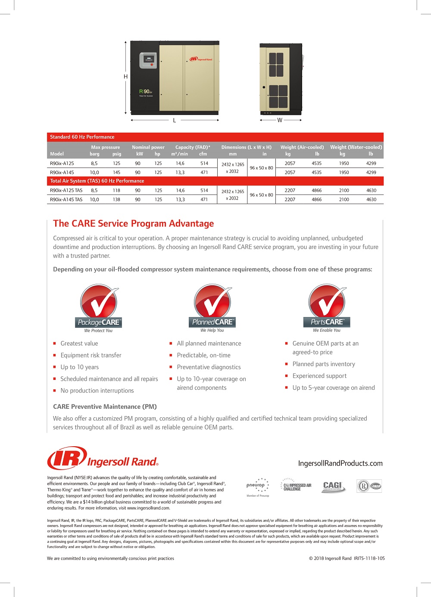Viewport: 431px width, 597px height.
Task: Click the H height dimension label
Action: coord(125,77)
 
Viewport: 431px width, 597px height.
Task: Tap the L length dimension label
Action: coord(174,120)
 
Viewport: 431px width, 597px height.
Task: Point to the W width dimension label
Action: coord(280,120)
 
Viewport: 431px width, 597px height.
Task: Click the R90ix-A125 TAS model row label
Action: coord(66,190)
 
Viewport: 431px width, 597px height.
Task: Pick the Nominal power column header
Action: coord(148,147)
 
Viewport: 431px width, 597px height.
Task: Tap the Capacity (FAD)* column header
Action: coord(193,147)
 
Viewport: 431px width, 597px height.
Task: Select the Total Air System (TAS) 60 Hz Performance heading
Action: coord(97,181)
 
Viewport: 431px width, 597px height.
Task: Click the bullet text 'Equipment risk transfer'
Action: coord(91,355)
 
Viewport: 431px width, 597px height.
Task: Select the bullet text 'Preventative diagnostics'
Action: coord(209,367)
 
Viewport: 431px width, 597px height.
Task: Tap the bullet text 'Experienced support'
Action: coord(319,376)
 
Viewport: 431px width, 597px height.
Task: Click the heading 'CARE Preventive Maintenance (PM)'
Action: coord(105,407)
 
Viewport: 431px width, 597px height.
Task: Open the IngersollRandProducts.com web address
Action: coord(340,463)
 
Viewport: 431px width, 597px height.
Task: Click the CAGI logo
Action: coord(333,486)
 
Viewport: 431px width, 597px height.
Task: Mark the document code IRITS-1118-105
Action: coord(369,558)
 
